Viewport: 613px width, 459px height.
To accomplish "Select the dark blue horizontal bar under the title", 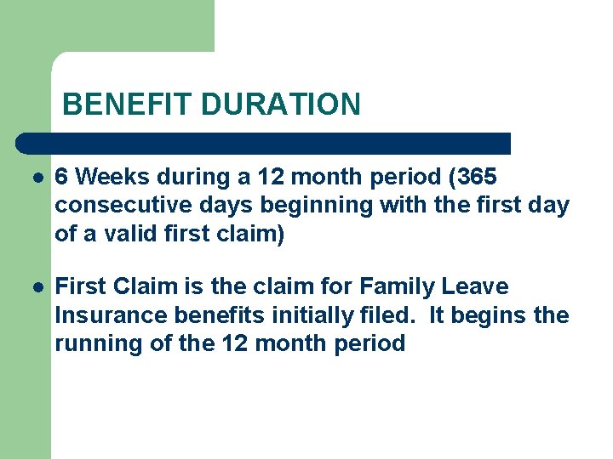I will pyautogui.click(x=264, y=143).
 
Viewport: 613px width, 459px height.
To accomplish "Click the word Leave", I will pyautogui.click(x=474, y=287).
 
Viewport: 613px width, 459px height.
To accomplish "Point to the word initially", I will pyautogui.click(x=306, y=315).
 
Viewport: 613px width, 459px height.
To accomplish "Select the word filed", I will pyautogui.click(x=387, y=315).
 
